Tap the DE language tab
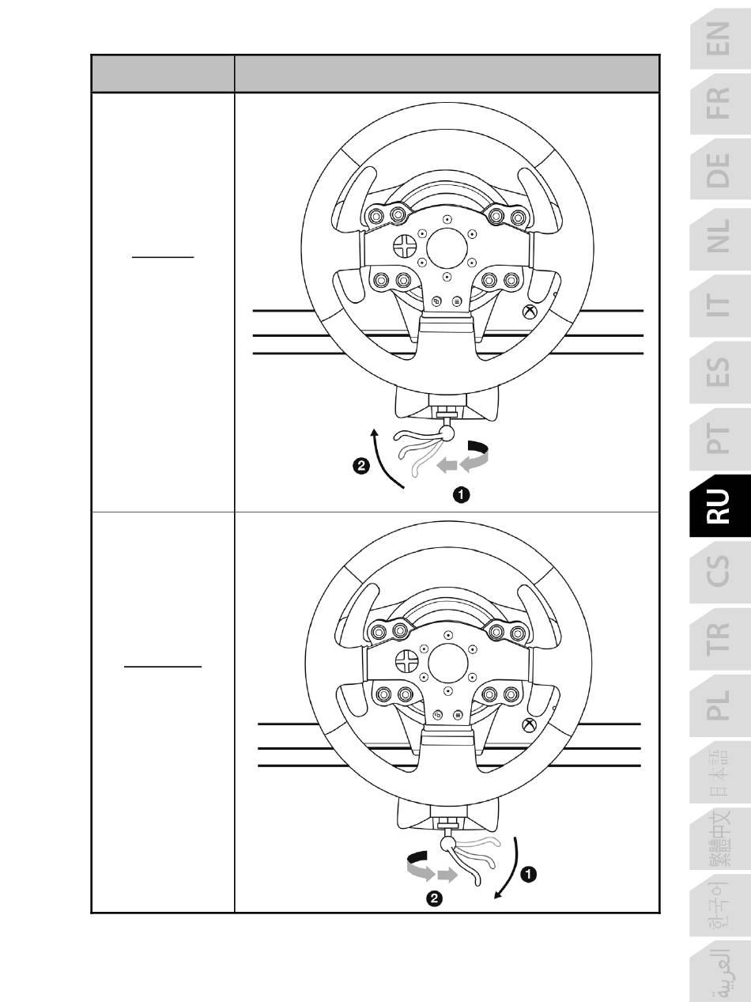coord(720,170)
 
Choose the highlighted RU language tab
coord(720,505)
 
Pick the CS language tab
coord(720,571)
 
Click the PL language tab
coord(720,705)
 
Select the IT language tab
coord(720,305)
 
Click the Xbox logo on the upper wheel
coord(530,312)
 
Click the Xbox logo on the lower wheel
coord(530,725)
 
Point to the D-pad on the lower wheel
coord(406,661)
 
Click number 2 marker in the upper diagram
coord(361,466)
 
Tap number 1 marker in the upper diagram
coord(462,494)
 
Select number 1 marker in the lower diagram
coord(528,874)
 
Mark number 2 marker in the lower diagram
coord(434,899)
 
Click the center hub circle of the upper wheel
coord(447,248)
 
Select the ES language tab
coord(720,372)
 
